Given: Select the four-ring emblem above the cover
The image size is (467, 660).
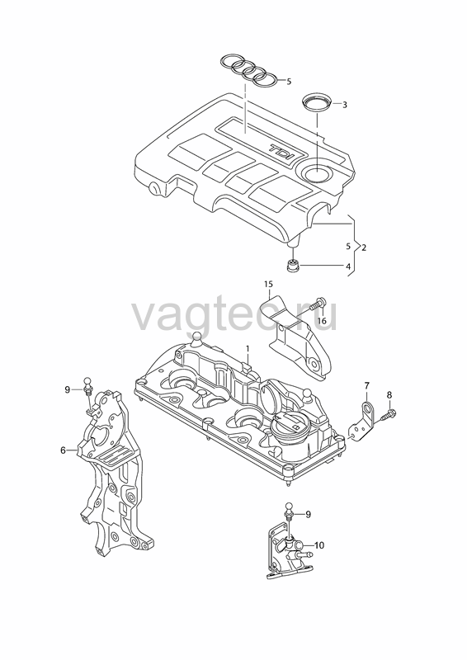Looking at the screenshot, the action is click(x=249, y=71).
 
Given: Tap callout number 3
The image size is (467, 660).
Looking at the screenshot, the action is click(x=344, y=105).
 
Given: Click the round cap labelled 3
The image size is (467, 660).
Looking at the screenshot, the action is click(x=318, y=104).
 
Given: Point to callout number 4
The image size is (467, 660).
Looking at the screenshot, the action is click(x=348, y=266).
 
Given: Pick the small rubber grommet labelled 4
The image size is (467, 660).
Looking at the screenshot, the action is click(x=292, y=266).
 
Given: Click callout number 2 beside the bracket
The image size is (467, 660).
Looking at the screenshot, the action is click(x=363, y=247).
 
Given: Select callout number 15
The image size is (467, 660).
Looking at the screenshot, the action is click(x=269, y=284).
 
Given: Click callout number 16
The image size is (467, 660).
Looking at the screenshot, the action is click(x=322, y=321).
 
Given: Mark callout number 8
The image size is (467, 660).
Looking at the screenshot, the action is click(x=389, y=395).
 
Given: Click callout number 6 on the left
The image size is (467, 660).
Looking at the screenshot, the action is click(x=64, y=450).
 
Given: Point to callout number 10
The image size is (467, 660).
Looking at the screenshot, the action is click(x=319, y=545).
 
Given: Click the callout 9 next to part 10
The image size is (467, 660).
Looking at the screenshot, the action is click(x=308, y=514).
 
